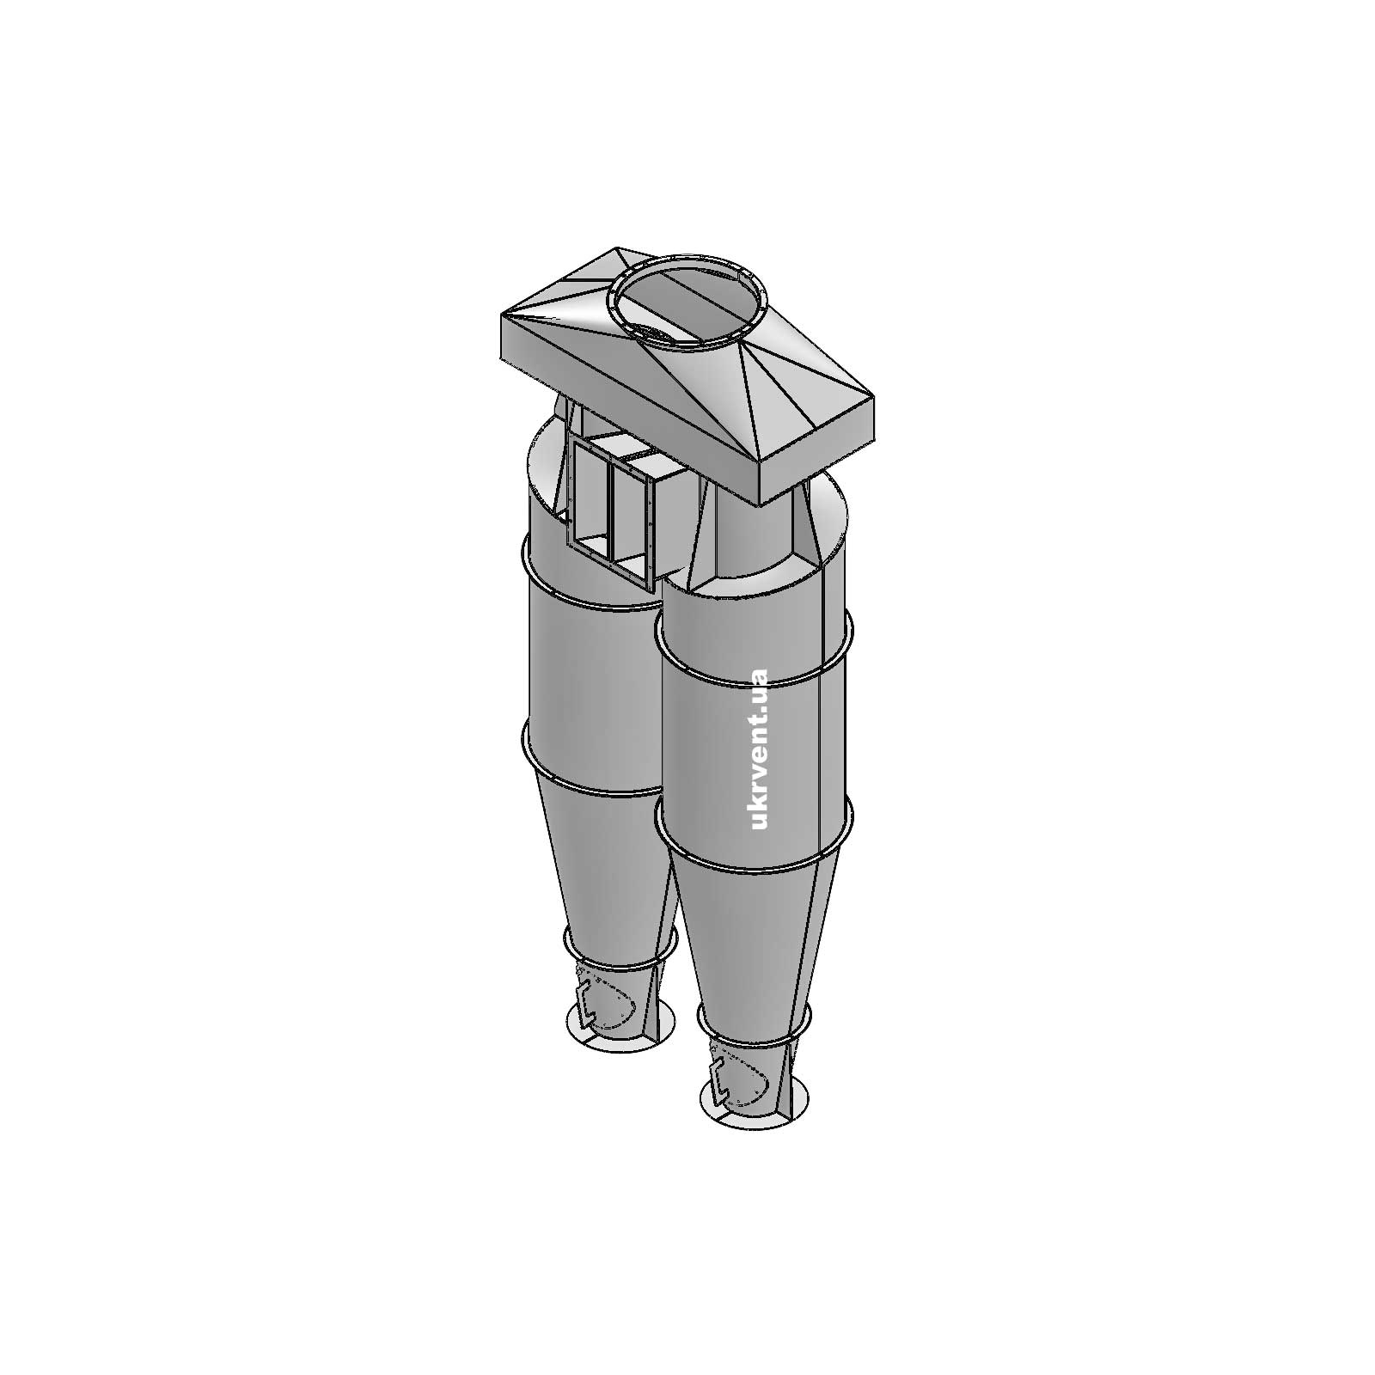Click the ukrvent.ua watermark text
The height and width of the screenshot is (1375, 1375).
tap(758, 749)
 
